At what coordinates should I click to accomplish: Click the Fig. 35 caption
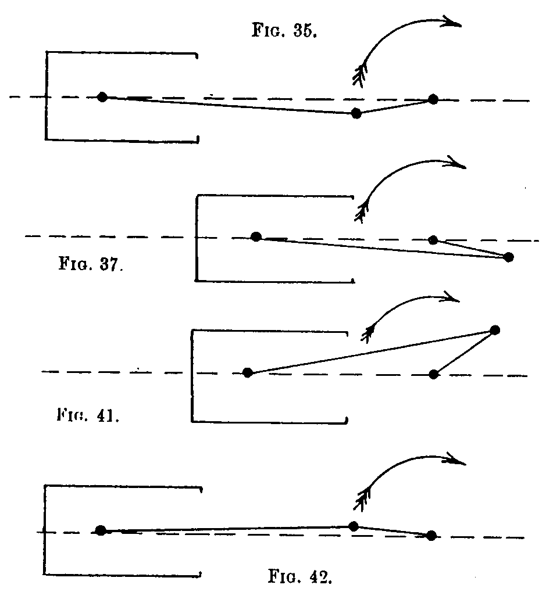(x=284, y=30)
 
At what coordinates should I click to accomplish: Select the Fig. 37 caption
(x=91, y=264)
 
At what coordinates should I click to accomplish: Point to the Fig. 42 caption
(x=300, y=576)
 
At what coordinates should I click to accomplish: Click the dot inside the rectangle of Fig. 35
(x=102, y=97)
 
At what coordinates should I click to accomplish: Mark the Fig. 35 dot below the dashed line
(x=356, y=113)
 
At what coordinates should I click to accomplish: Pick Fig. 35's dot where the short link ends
(x=433, y=99)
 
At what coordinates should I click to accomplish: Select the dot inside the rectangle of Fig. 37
(x=256, y=236)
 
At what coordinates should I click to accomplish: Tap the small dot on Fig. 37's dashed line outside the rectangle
(x=433, y=240)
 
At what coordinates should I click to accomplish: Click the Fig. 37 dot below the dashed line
(x=509, y=257)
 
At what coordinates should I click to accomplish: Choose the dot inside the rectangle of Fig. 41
(x=248, y=372)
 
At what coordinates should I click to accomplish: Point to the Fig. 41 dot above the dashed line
(x=495, y=331)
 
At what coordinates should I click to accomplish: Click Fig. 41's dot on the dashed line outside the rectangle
(x=434, y=374)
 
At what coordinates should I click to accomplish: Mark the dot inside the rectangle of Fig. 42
(x=101, y=530)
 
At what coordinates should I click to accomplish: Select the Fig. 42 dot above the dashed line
(x=354, y=526)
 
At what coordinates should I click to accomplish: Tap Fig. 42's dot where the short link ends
(x=431, y=536)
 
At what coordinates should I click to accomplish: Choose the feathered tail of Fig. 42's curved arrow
(x=362, y=500)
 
